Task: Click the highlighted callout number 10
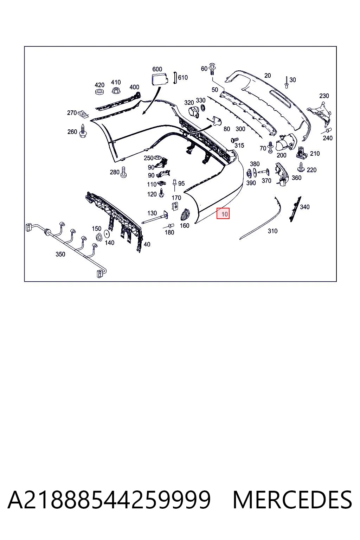pos(224,214)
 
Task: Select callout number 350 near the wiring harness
pos(60,254)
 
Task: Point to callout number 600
pos(157,69)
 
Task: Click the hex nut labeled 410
pos(116,90)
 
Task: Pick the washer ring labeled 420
pos(99,92)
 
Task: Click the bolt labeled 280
pos(123,172)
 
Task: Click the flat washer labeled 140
pos(106,234)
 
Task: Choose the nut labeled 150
pos(98,237)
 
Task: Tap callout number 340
pos(305,207)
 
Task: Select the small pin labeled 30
pos(286,83)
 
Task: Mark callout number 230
pos(324,96)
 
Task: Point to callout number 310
pos(272,231)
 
